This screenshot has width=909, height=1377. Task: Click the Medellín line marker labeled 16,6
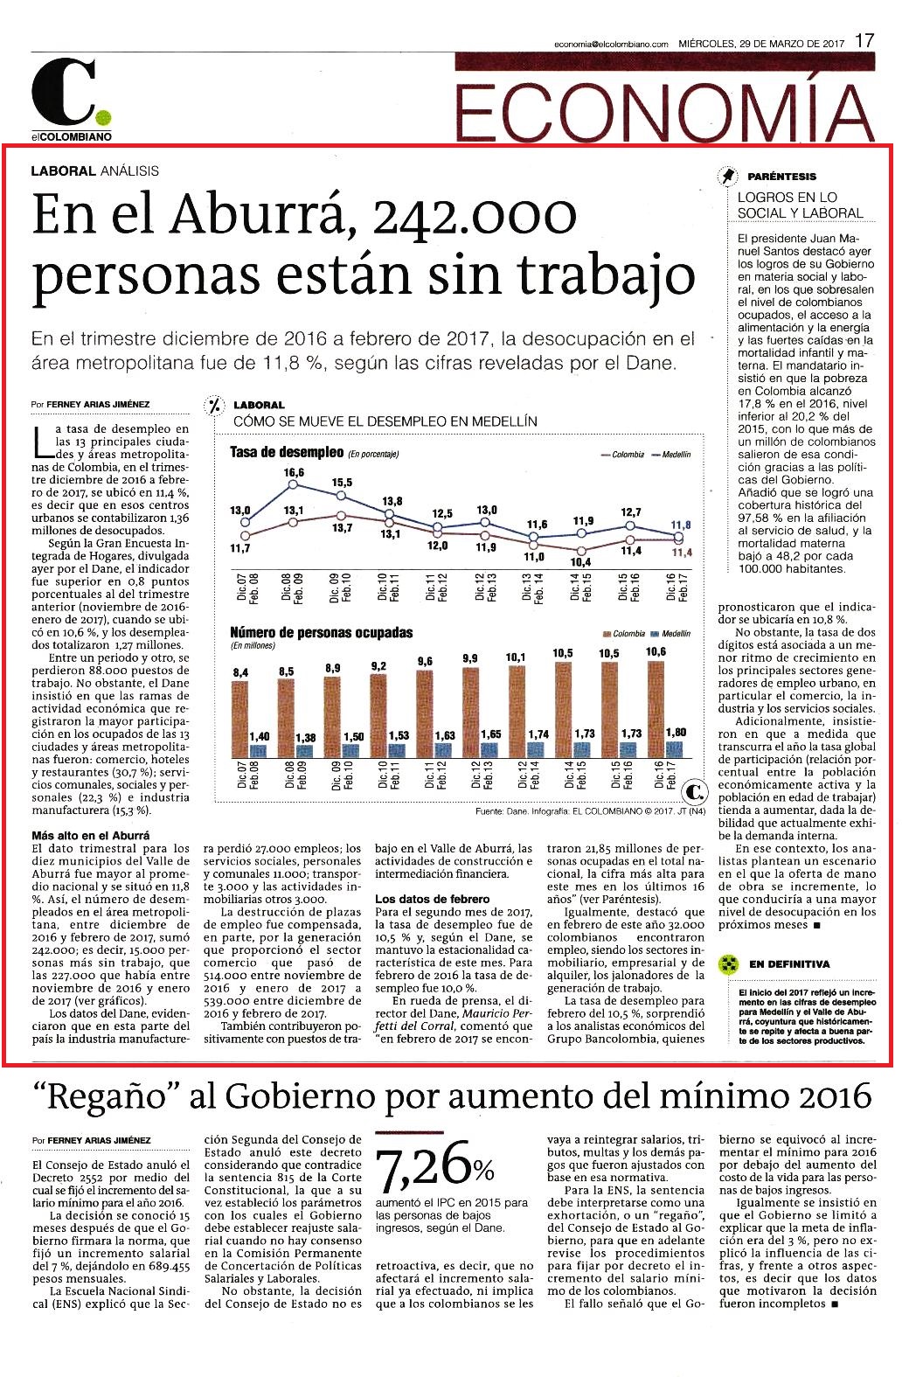click(x=293, y=484)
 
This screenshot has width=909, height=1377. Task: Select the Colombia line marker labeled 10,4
click(x=581, y=550)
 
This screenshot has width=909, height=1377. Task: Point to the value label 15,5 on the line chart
click(x=343, y=483)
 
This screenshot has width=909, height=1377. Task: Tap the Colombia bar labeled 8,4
click(x=240, y=719)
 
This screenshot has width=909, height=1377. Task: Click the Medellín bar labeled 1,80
click(x=674, y=748)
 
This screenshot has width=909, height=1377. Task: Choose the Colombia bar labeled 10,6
click(x=656, y=709)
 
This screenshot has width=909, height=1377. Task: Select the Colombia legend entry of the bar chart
click(x=624, y=633)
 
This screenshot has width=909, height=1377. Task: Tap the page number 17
click(x=864, y=40)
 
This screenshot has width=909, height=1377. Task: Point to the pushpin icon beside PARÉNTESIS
click(x=728, y=176)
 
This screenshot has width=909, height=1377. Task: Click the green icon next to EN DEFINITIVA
click(x=728, y=964)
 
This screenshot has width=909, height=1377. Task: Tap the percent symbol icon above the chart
click(x=214, y=405)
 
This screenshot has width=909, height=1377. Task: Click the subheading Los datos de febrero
click(x=432, y=899)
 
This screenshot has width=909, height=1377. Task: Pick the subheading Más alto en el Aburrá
click(x=90, y=836)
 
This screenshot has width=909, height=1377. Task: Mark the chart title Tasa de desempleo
click(x=287, y=453)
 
